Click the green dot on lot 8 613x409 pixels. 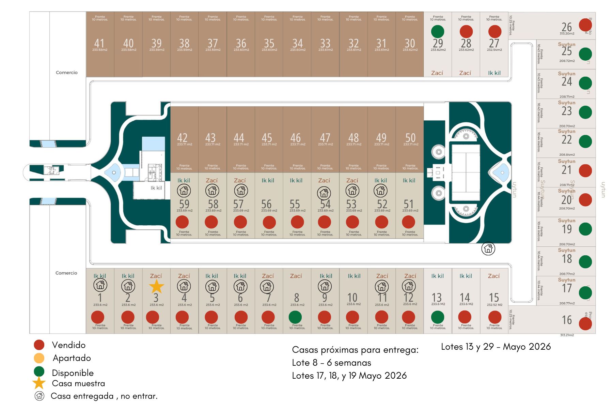295,317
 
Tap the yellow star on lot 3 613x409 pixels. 156,287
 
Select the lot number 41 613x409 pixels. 99,43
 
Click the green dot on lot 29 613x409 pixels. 438,32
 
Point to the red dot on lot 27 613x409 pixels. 494,32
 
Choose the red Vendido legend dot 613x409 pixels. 39,345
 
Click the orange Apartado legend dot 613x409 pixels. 39,358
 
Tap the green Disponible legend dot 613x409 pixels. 39,371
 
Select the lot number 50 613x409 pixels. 410,138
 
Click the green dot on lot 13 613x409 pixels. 438,317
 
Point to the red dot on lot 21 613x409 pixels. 585,171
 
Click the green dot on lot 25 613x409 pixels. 585,54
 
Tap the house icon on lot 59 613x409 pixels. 184,191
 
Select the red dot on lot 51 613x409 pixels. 408,222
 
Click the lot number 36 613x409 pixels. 241,43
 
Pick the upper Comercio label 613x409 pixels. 67,73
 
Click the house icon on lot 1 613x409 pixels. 100,285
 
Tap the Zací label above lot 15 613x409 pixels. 494,276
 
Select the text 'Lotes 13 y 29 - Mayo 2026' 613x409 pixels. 496,347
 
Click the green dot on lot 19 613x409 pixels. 585,229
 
